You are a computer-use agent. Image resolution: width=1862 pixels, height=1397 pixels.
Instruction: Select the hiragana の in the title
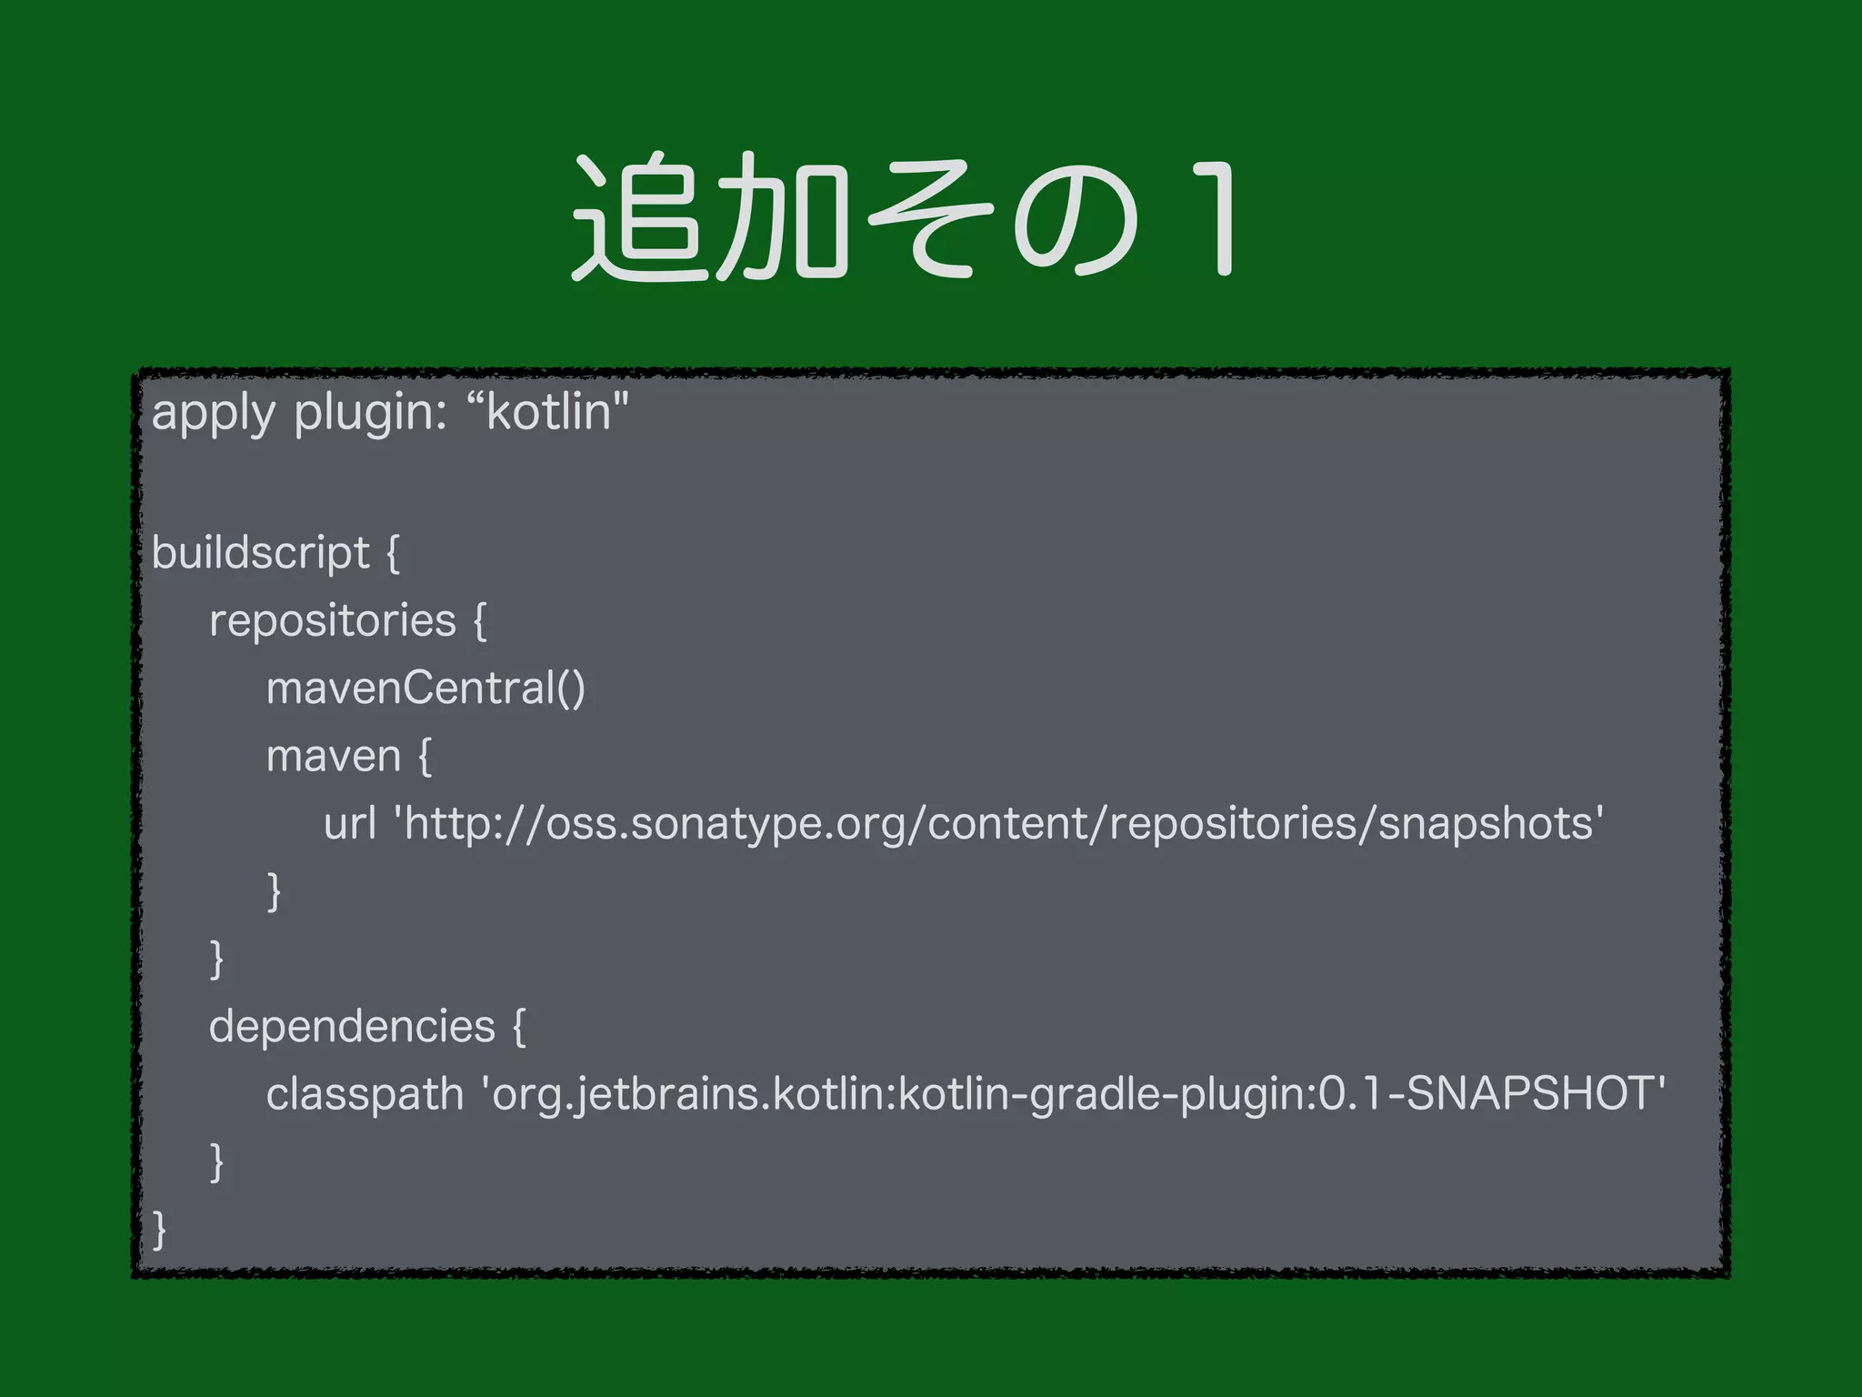tap(1075, 218)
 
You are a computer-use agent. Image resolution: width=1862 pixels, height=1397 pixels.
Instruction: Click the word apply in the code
tap(213, 414)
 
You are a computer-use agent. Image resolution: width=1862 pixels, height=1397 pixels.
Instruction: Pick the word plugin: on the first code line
tap(370, 414)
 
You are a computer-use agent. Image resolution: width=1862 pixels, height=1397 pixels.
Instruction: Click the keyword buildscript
tap(261, 553)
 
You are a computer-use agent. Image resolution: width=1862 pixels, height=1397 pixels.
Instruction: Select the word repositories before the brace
tap(333, 621)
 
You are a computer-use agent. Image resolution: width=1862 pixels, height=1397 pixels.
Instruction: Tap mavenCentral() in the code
tap(425, 688)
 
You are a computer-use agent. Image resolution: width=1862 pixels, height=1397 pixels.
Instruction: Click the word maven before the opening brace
tap(334, 757)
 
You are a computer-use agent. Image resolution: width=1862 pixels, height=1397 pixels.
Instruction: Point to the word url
tap(350, 823)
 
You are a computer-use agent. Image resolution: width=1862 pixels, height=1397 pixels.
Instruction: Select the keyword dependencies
tap(352, 1027)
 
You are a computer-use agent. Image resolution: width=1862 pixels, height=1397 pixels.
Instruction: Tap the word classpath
tap(365, 1094)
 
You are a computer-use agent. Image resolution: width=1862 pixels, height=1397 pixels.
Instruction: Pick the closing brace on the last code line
tap(160, 1230)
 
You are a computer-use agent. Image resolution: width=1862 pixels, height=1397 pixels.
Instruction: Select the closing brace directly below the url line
tap(274, 891)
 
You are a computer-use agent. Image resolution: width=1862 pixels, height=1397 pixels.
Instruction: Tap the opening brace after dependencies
tap(519, 1028)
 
